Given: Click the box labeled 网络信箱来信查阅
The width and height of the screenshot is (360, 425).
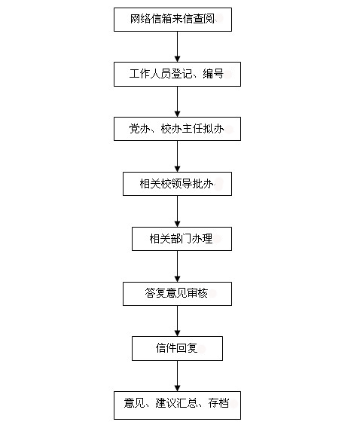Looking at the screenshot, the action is [x=172, y=20].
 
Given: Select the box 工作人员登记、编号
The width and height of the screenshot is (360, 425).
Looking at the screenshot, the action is [x=177, y=75].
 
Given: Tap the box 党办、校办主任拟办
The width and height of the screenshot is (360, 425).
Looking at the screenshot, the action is [x=177, y=129].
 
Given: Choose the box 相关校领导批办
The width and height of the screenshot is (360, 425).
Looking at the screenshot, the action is [x=177, y=184].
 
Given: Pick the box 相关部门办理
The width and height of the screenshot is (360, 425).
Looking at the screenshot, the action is [x=182, y=239].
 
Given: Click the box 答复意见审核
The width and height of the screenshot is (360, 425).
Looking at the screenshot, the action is [x=177, y=294].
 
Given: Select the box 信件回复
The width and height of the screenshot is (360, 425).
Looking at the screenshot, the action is [x=177, y=349].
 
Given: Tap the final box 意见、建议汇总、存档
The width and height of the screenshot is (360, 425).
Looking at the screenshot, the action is [x=177, y=405].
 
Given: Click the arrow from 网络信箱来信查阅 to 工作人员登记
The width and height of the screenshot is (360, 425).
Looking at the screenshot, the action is [x=178, y=47].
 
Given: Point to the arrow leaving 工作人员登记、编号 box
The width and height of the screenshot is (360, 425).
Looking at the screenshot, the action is [x=178, y=102].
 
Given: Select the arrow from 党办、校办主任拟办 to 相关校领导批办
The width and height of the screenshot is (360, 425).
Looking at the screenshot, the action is [x=178, y=157].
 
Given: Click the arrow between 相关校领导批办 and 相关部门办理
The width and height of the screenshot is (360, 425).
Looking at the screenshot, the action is [x=178, y=212].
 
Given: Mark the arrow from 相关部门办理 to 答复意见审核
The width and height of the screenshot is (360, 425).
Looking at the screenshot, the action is [x=178, y=267].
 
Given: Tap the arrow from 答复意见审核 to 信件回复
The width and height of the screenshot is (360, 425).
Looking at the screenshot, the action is [x=178, y=321].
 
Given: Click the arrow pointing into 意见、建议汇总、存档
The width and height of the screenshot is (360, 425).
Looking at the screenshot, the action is [x=178, y=376].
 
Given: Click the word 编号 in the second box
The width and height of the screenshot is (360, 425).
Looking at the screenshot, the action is [x=213, y=74].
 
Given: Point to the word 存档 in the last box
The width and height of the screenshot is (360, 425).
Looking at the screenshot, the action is [x=218, y=403].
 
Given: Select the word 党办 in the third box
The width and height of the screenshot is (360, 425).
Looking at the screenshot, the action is [x=140, y=129].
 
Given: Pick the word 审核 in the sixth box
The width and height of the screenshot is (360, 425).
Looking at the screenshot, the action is [x=197, y=293].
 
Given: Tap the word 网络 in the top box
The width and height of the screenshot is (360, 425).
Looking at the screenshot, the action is [x=141, y=19].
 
